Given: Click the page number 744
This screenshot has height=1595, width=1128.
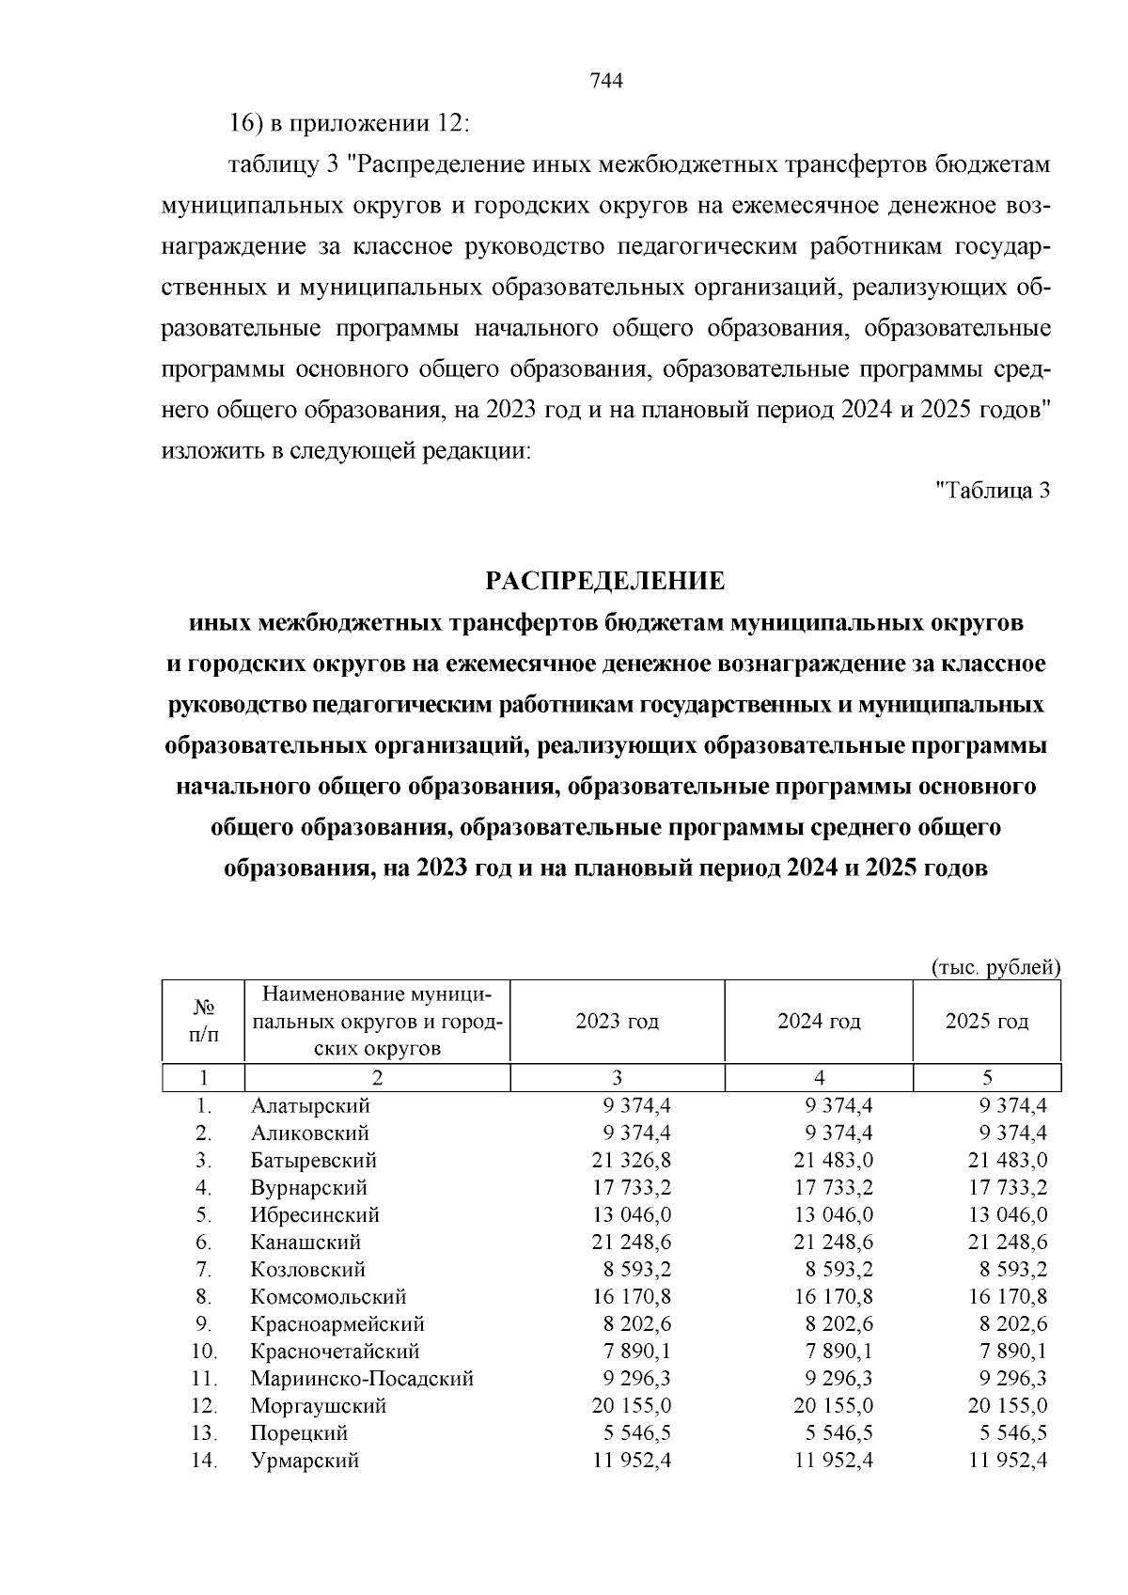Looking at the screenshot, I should pyautogui.click(x=606, y=81).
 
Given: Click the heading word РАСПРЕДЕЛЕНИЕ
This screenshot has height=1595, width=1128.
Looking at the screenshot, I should pyautogui.click(x=605, y=581).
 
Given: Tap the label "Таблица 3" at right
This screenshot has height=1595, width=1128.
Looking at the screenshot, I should pyautogui.click(x=993, y=490).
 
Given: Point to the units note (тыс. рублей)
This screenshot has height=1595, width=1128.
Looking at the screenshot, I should pyautogui.click(x=995, y=967).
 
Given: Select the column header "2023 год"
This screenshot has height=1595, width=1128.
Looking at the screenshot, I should pyautogui.click(x=617, y=1022).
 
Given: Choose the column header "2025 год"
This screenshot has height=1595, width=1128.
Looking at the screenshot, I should pyautogui.click(x=986, y=1022).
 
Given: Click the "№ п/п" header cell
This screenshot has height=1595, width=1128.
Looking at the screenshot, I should pyautogui.click(x=203, y=1022).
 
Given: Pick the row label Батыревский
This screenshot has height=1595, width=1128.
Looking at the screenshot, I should pyautogui.click(x=313, y=1161).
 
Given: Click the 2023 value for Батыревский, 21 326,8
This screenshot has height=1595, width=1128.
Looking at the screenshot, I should pyautogui.click(x=632, y=1161).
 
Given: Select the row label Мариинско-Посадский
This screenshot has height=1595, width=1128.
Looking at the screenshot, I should pyautogui.click(x=362, y=1379).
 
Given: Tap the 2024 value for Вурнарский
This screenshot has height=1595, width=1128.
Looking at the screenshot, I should pyautogui.click(x=833, y=1188).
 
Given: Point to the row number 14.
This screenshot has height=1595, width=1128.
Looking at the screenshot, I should pyautogui.click(x=204, y=1461).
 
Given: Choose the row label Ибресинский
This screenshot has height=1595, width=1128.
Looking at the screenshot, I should pyautogui.click(x=315, y=1215).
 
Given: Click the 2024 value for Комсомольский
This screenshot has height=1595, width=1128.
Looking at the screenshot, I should pyautogui.click(x=833, y=1297).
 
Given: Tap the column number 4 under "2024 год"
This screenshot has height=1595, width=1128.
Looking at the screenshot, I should pyautogui.click(x=818, y=1078).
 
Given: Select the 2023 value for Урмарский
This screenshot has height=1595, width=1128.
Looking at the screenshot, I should pyautogui.click(x=632, y=1461).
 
